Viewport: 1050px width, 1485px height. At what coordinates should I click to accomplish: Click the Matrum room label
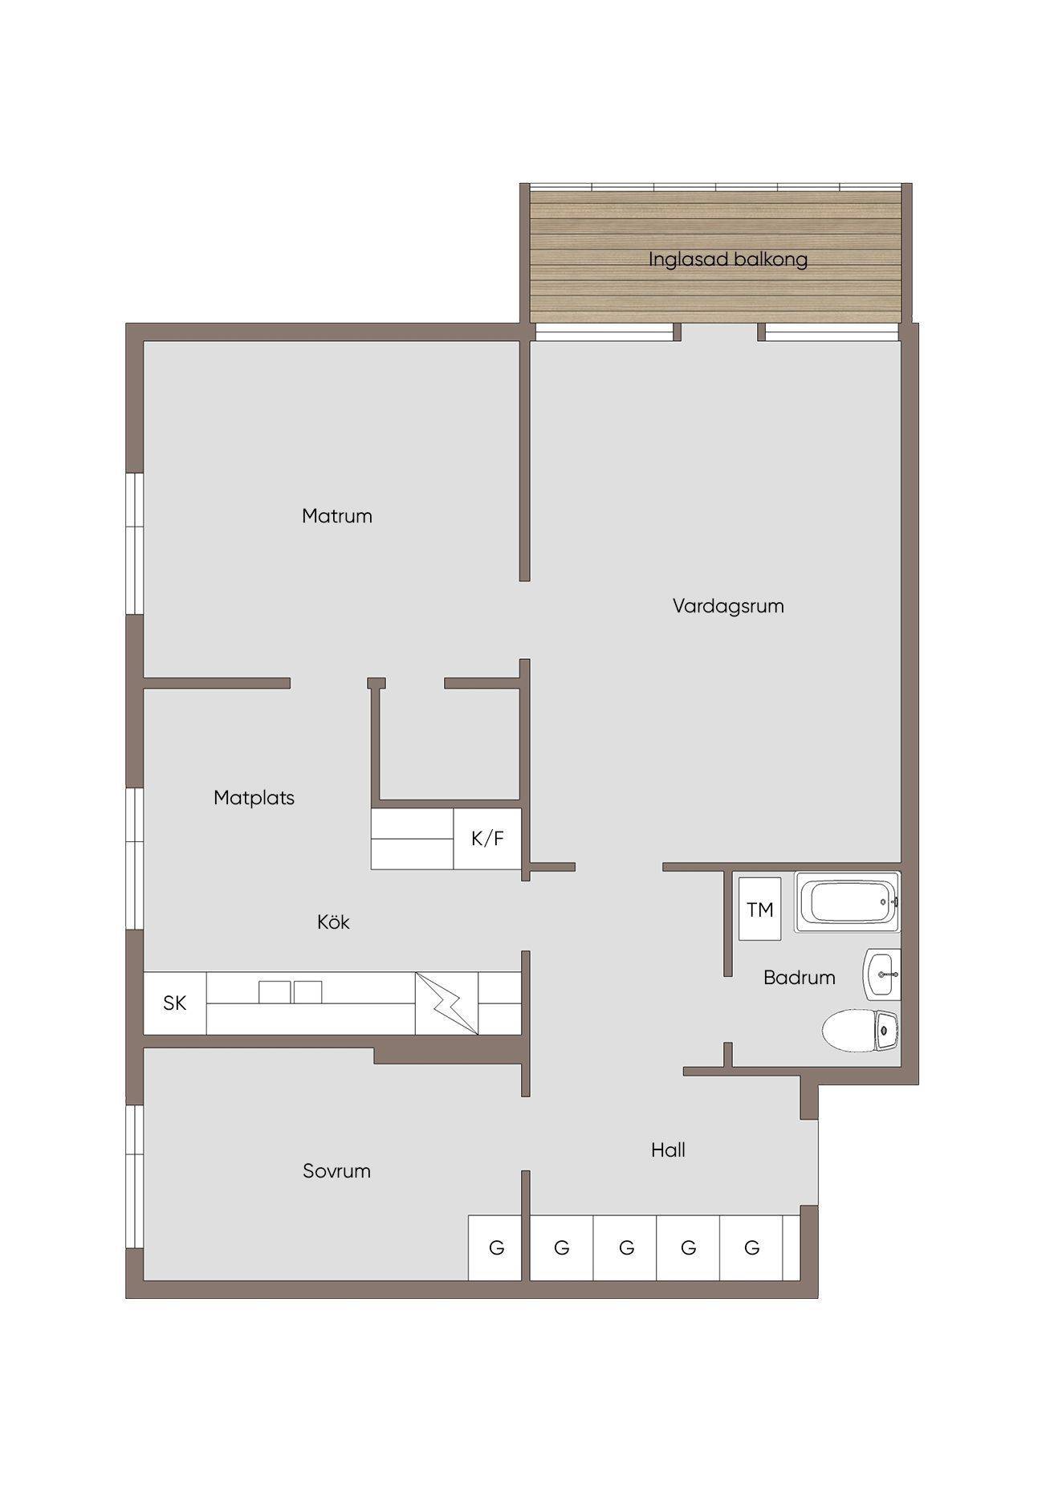click(x=337, y=516)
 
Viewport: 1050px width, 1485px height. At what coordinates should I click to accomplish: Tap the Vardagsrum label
click(x=728, y=606)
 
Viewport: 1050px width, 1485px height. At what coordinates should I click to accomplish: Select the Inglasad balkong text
click(x=728, y=260)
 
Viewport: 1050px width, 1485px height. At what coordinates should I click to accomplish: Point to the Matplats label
click(x=254, y=798)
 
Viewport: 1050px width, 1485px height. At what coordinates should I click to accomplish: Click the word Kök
click(x=333, y=922)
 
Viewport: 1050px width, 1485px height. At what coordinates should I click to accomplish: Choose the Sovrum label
click(x=336, y=1171)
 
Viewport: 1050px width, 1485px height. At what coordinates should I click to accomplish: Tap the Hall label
click(x=668, y=1150)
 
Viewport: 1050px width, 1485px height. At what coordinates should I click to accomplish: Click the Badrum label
click(x=800, y=978)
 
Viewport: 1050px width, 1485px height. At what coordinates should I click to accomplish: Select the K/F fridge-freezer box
click(x=487, y=839)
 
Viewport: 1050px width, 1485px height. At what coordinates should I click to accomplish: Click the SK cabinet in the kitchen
click(x=175, y=1003)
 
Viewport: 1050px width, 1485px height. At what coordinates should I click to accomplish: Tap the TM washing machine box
click(x=760, y=909)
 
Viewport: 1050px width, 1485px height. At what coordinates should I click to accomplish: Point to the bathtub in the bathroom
click(x=848, y=902)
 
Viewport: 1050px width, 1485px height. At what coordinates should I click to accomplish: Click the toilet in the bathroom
click(x=861, y=1031)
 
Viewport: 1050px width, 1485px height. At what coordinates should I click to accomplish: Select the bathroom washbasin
click(x=881, y=974)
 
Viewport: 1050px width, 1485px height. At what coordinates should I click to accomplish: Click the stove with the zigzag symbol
click(x=446, y=1003)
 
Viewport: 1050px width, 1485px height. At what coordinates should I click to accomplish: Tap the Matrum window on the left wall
click(x=135, y=544)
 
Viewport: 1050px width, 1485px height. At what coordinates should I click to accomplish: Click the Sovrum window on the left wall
click(x=135, y=1177)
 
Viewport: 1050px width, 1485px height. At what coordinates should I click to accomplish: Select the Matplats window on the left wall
click(x=135, y=859)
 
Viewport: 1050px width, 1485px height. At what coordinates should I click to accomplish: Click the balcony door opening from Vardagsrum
click(x=719, y=332)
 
